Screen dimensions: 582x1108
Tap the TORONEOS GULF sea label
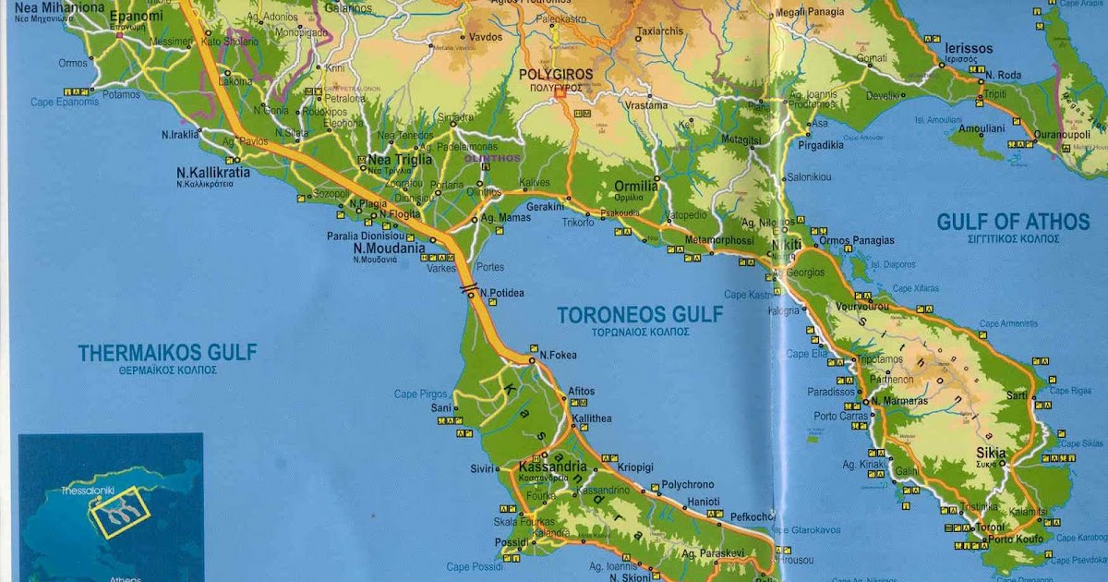tap(640, 315)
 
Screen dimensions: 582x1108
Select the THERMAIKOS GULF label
tap(167, 352)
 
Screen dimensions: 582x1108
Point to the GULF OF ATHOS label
tap(1013, 222)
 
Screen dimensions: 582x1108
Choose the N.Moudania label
tap(389, 248)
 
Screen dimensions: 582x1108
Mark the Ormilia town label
tap(636, 186)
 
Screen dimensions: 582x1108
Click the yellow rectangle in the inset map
tap(119, 512)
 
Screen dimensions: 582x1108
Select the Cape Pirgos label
tap(420, 394)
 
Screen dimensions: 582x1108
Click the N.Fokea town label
tap(558, 355)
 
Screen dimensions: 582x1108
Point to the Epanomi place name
tap(136, 17)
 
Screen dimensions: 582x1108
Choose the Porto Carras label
tap(840, 416)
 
